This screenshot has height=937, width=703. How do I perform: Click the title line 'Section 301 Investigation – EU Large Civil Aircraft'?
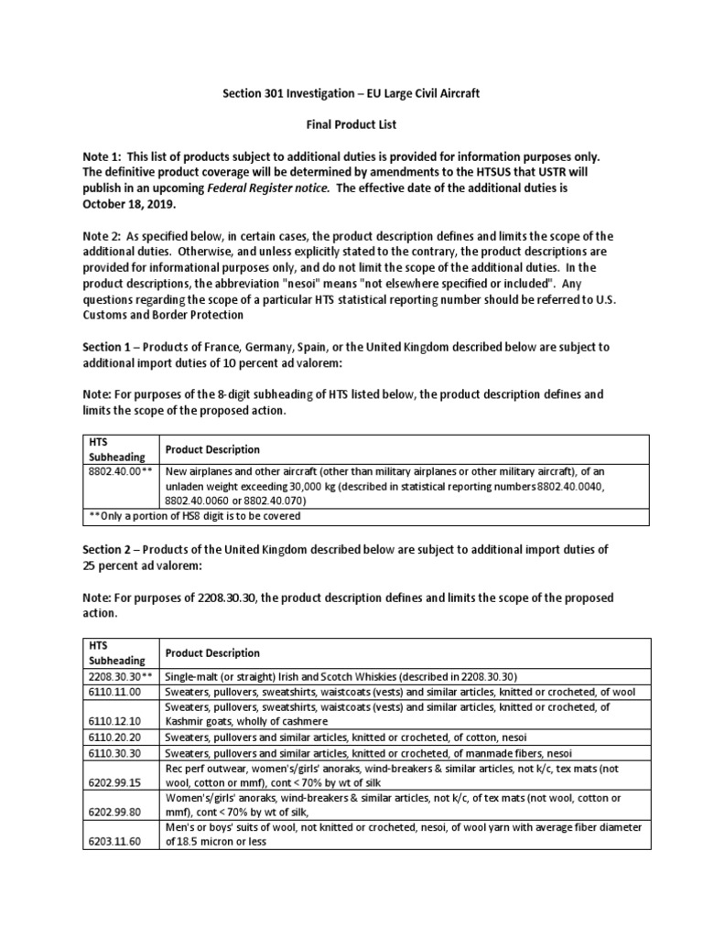(x=351, y=94)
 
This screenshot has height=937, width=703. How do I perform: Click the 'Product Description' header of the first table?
(x=211, y=449)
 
